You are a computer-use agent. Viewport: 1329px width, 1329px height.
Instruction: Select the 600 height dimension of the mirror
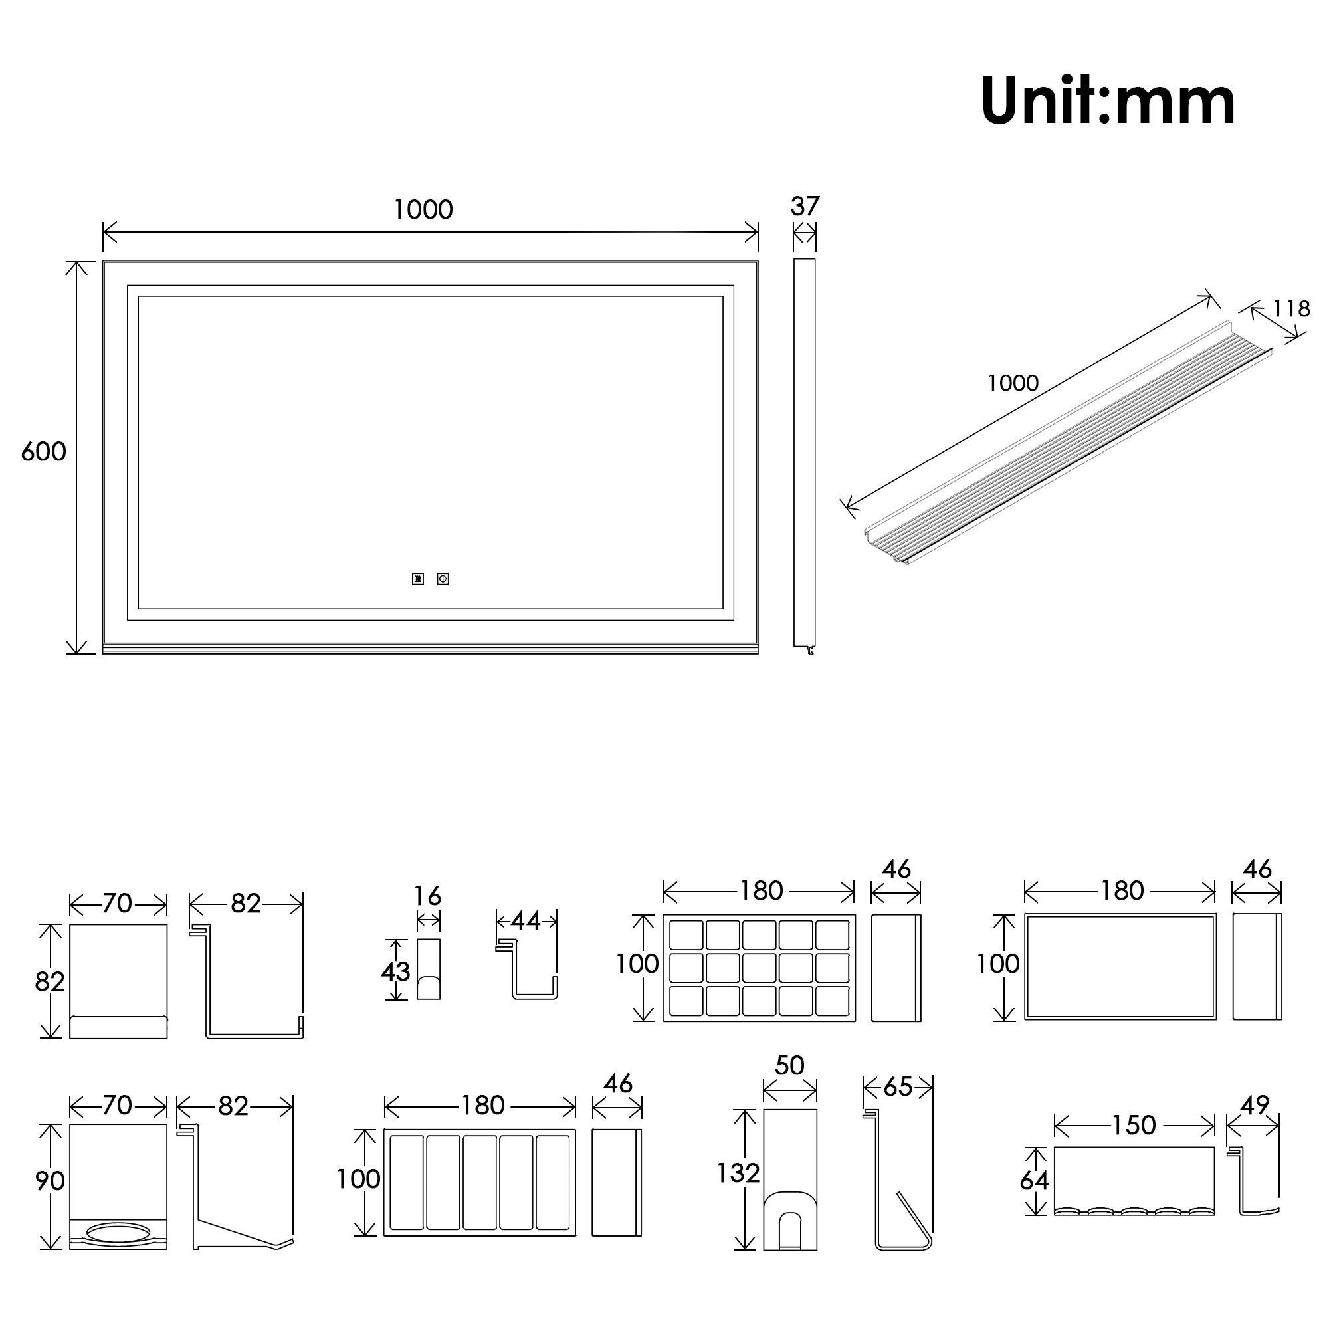pyautogui.click(x=43, y=452)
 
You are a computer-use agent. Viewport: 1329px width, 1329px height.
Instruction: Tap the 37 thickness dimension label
pyautogui.click(x=805, y=207)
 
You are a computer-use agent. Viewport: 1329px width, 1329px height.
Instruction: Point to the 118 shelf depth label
pyautogui.click(x=1291, y=309)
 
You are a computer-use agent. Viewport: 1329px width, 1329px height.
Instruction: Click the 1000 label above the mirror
pyautogui.click(x=423, y=210)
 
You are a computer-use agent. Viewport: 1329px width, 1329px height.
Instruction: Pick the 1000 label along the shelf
pyautogui.click(x=1013, y=383)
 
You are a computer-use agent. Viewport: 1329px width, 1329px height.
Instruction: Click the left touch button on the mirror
pyautogui.click(x=418, y=579)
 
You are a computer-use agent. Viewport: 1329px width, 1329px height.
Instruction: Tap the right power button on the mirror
pyautogui.click(x=443, y=579)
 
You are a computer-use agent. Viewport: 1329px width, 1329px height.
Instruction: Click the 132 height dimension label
pyautogui.click(x=738, y=1173)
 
